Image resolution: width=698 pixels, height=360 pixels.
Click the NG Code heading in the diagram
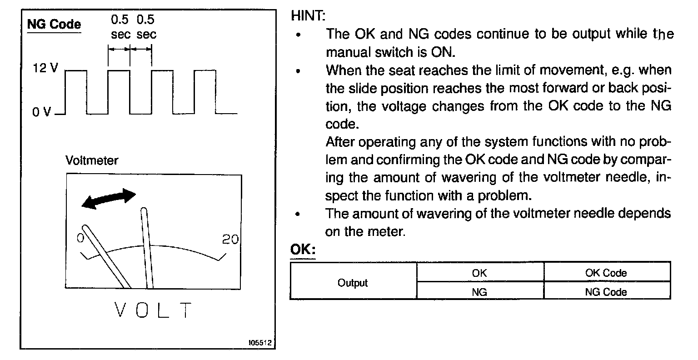(x=54, y=24)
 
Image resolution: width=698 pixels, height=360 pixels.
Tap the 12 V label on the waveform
(x=45, y=69)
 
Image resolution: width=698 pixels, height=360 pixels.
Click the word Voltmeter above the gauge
(x=91, y=161)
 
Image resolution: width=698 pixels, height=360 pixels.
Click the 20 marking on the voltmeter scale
(x=230, y=239)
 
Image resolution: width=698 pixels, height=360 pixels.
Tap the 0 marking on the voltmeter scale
(x=80, y=238)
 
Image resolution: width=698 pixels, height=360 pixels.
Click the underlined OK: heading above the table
(x=302, y=250)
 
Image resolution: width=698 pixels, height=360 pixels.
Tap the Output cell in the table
(x=353, y=283)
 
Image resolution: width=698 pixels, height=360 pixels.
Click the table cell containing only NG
(x=479, y=292)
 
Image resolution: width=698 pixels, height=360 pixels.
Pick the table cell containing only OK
(x=479, y=273)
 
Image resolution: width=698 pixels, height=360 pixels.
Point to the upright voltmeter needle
(x=147, y=248)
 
